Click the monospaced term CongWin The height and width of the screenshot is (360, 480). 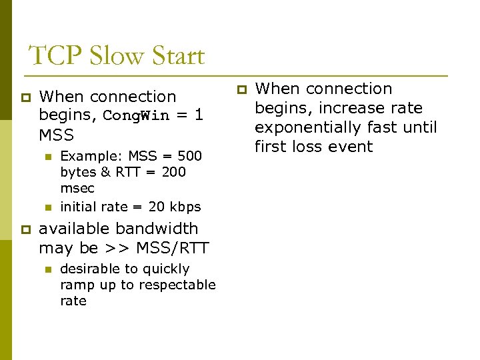pyautogui.click(x=137, y=116)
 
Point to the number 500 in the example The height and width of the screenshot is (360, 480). pyautogui.click(x=190, y=156)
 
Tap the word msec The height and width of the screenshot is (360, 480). pyautogui.click(x=77, y=188)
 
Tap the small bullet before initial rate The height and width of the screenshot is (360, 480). pyautogui.click(x=47, y=207)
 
